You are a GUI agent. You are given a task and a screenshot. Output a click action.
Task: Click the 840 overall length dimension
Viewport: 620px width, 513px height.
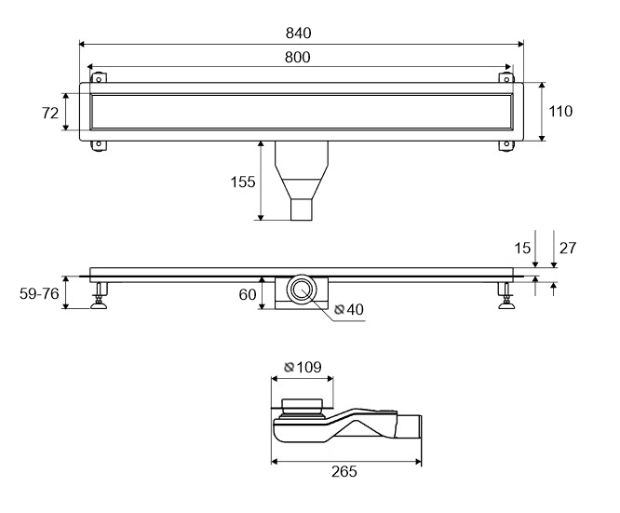point(299,33)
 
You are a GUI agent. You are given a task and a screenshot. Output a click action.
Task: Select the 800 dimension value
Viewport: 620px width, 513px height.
point(298,58)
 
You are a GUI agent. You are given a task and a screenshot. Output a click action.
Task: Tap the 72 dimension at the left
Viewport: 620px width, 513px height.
point(50,114)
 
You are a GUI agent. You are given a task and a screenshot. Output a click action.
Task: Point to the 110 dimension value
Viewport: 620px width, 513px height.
point(560,112)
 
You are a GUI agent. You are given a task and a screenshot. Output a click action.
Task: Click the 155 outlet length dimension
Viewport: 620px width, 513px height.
point(243,182)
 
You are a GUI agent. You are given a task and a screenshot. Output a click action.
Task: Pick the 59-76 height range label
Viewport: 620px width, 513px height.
point(39,293)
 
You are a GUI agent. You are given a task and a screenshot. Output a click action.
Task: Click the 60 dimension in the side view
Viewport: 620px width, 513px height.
point(248,294)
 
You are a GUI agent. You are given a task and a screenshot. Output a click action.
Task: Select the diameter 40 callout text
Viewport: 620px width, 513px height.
point(349,309)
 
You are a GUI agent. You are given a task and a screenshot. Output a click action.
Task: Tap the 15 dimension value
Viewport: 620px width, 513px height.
point(522,249)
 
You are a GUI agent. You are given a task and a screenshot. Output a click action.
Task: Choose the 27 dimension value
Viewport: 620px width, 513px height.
point(568,248)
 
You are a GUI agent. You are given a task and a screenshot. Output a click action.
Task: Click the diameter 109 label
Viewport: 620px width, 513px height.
point(303,367)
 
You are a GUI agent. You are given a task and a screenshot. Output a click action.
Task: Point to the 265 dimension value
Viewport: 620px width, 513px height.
point(344,471)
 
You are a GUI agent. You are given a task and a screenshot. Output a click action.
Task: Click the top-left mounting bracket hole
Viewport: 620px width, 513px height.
point(99,79)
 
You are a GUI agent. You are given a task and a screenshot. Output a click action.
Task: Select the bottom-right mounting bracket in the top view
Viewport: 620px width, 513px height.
point(506,145)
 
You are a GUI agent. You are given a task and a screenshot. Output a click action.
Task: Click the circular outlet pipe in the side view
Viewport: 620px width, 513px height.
point(302,290)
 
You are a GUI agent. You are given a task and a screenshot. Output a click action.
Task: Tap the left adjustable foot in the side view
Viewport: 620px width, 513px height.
point(99,295)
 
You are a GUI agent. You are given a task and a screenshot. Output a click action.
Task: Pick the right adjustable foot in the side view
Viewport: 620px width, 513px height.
point(506,295)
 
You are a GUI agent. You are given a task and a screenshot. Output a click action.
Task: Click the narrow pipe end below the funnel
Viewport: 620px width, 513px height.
point(302,209)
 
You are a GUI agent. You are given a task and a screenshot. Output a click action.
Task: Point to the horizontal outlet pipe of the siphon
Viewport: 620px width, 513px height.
point(410,426)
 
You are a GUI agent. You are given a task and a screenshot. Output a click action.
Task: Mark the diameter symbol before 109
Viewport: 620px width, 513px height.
point(290,368)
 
